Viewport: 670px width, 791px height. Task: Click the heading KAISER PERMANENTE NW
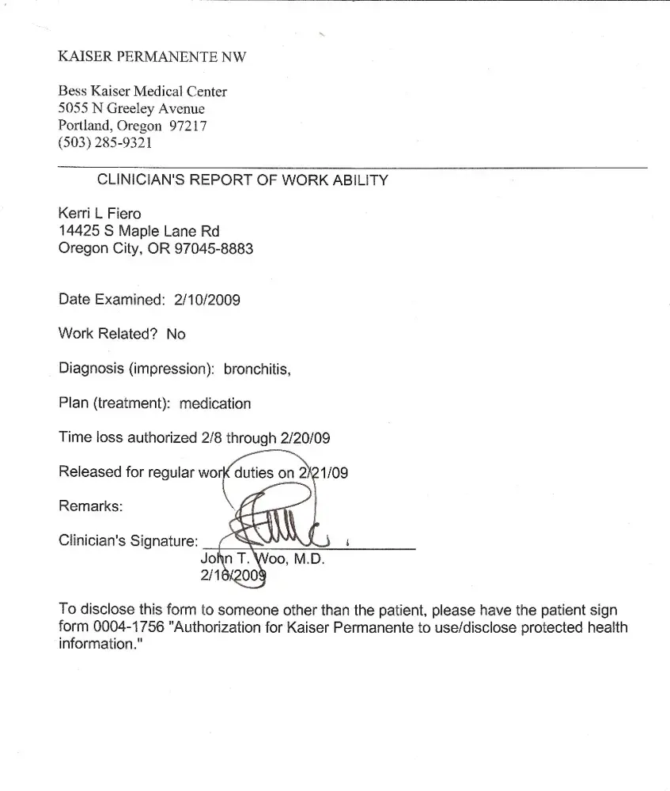click(152, 57)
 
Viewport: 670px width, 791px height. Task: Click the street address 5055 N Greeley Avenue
click(131, 108)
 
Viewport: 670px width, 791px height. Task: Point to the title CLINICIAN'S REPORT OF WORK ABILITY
click(242, 180)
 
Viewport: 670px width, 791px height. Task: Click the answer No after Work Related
click(176, 334)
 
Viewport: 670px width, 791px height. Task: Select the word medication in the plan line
click(215, 403)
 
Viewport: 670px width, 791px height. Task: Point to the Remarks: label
click(90, 506)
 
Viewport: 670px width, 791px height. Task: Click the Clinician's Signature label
click(128, 541)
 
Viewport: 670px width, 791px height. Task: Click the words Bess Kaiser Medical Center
click(142, 92)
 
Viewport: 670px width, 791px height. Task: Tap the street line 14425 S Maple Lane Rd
click(139, 231)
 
